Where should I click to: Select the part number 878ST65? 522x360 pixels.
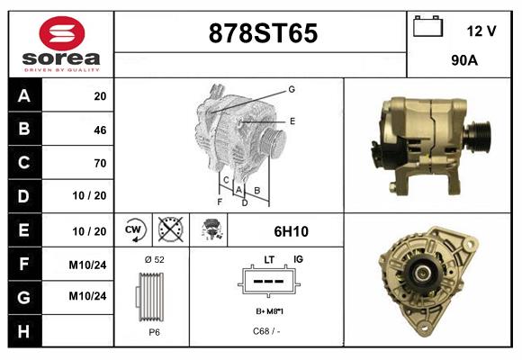tap(263, 34)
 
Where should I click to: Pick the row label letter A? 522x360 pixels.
tap(23, 96)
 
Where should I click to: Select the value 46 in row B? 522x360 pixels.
tap(99, 130)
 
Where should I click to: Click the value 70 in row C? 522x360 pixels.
tap(99, 163)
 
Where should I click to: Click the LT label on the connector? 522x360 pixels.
tap(269, 259)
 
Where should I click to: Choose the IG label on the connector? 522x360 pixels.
tap(298, 259)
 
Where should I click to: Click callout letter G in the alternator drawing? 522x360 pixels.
tap(292, 89)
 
